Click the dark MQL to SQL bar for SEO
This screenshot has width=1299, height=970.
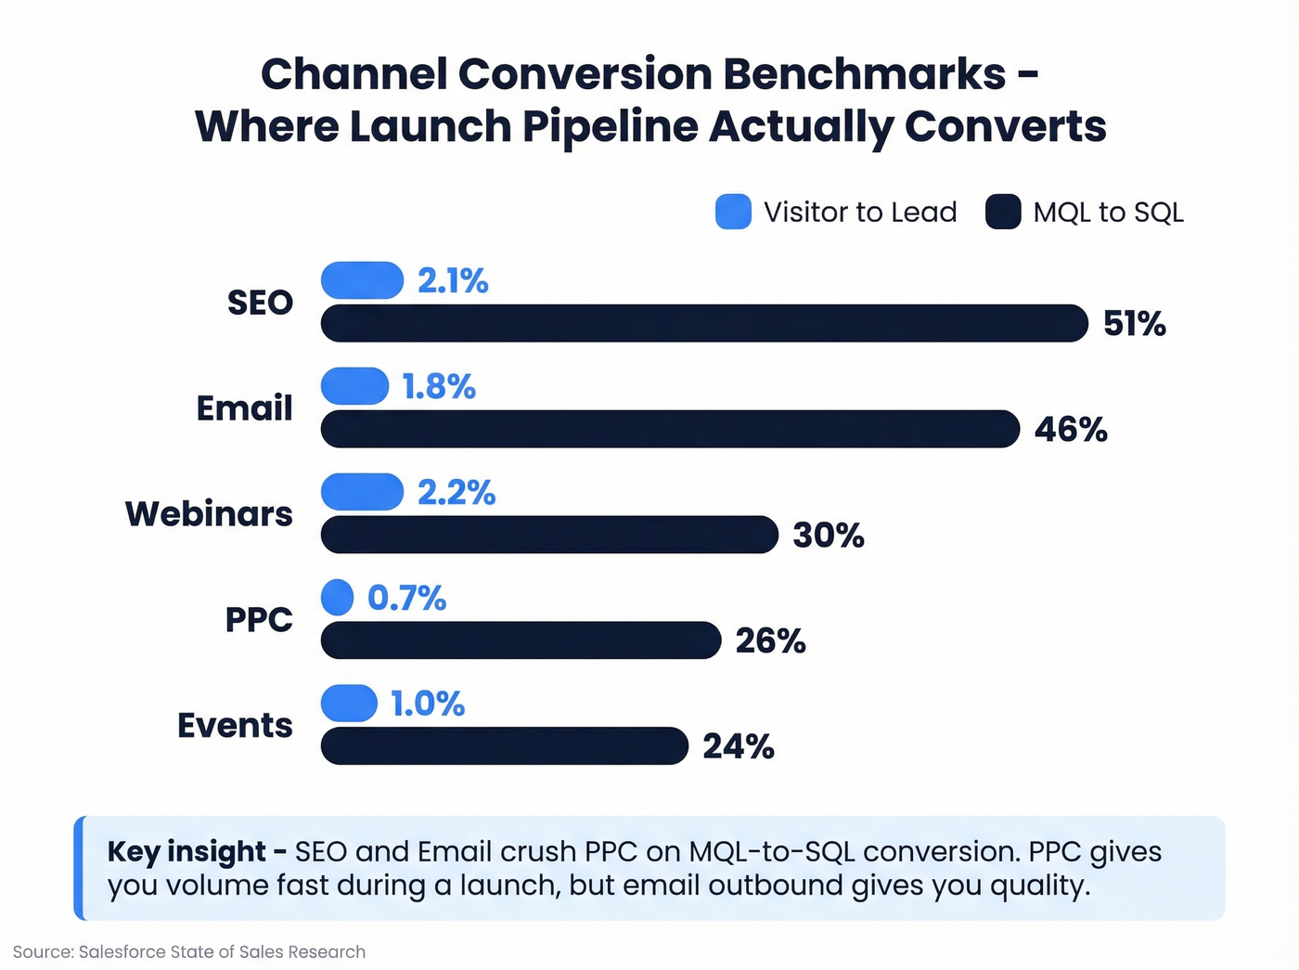pos(704,323)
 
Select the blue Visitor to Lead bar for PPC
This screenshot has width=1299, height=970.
pos(338,597)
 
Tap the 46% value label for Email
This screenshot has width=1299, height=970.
pos(1071,429)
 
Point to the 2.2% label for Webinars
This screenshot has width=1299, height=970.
pos(457,492)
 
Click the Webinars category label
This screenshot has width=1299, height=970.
pos(209,513)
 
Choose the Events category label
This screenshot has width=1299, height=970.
pos(235,725)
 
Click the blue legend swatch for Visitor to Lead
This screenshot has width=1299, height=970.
pos(733,212)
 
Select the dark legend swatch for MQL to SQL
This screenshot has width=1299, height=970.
pos(1003,212)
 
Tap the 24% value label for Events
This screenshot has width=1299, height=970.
pos(739,746)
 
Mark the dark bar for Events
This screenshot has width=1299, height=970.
pos(505,746)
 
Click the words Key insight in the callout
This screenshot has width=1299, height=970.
pos(186,851)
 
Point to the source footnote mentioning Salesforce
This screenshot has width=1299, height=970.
pos(189,951)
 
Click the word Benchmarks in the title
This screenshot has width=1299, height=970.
pos(864,74)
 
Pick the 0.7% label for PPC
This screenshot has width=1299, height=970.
pos(406,598)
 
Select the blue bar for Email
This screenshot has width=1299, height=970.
pos(354,386)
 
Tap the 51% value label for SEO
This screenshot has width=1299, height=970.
pos(1134,323)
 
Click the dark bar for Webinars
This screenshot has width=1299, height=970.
pos(549,535)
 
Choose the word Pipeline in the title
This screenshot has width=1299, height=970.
pos(610,127)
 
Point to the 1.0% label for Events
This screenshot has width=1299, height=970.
pos(427,704)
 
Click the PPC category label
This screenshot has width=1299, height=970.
pos(259,619)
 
